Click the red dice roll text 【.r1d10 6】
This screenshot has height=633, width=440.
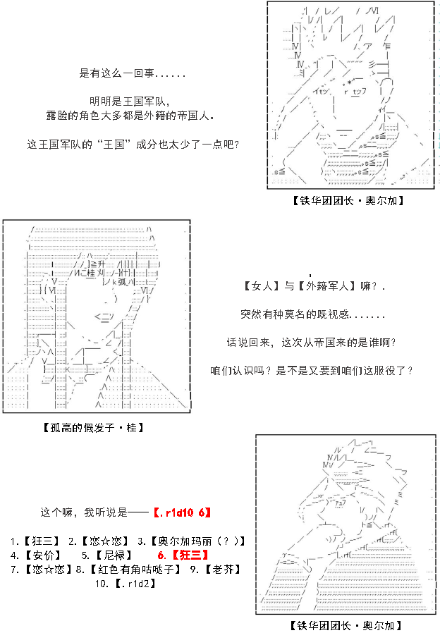coord(182,512)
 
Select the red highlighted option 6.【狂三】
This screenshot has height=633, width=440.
coord(183,555)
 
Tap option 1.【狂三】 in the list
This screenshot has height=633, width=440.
coord(35,541)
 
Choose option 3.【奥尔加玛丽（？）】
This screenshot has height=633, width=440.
coord(191,541)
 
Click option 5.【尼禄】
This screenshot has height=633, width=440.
coord(107,555)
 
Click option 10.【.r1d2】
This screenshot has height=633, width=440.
coord(126,584)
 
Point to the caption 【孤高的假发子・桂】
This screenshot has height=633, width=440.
coord(93,427)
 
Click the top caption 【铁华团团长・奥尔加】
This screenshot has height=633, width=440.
coord(348,200)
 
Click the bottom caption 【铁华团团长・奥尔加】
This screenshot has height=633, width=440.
coord(346,625)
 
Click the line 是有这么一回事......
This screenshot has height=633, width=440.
coord(133,73)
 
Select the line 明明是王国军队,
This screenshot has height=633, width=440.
coord(130,102)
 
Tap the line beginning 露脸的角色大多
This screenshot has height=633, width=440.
coord(130,116)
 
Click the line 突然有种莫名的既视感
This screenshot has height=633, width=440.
coord(312,314)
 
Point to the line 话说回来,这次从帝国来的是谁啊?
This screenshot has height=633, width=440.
coord(311,343)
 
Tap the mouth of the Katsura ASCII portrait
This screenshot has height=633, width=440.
coord(104,316)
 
